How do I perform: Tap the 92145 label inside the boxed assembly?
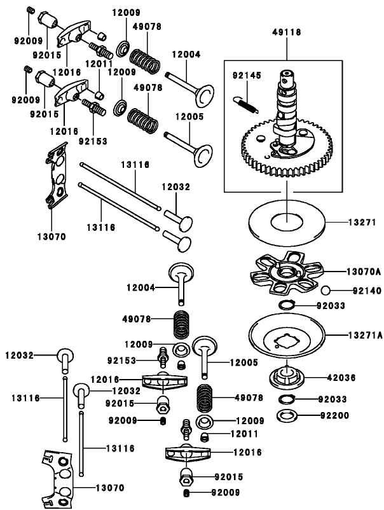243,75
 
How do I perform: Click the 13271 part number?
362,223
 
